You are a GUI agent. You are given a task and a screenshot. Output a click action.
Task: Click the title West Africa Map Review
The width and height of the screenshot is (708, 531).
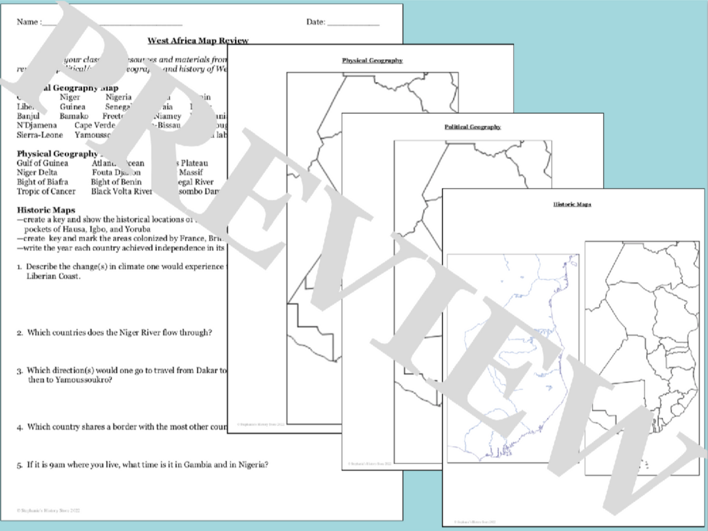pyautogui.click(x=197, y=40)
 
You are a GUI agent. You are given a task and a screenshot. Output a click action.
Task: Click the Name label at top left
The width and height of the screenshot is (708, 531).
pyautogui.click(x=28, y=22)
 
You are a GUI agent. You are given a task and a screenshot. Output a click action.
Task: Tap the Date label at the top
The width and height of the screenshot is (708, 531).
pyautogui.click(x=316, y=22)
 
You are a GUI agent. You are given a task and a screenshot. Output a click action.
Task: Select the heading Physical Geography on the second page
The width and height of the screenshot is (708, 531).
pyautogui.click(x=372, y=60)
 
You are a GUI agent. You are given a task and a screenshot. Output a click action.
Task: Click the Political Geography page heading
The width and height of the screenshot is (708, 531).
pyautogui.click(x=472, y=127)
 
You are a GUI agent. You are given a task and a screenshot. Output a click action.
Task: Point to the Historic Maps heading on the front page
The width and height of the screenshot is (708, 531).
pyautogui.click(x=572, y=204)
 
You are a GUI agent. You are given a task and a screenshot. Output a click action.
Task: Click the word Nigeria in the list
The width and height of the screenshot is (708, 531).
pyautogui.click(x=118, y=97)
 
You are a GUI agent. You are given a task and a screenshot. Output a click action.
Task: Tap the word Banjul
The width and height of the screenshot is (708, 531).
pyautogui.click(x=28, y=116)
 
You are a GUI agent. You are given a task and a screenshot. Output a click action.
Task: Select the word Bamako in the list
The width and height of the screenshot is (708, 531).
pyautogui.click(x=74, y=116)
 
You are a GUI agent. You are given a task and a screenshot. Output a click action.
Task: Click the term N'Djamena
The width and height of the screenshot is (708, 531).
pyautogui.click(x=37, y=126)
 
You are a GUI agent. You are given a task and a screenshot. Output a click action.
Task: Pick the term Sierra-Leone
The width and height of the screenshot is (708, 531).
pyautogui.click(x=40, y=135)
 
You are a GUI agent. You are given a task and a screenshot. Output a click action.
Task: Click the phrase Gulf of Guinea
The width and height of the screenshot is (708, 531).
pyautogui.click(x=43, y=163)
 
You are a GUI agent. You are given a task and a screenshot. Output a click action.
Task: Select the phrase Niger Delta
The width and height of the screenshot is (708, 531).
pyautogui.click(x=37, y=173)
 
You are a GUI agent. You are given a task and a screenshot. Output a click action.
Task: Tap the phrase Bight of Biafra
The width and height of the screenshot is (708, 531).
pyautogui.click(x=43, y=182)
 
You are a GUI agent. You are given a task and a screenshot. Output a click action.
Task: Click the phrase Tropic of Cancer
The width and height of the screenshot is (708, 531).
pyautogui.click(x=46, y=191)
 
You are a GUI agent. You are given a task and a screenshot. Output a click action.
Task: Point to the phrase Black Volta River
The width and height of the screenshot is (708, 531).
pyautogui.click(x=121, y=191)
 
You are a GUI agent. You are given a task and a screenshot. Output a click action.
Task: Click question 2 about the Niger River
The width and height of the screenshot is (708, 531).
pyautogui.click(x=119, y=332)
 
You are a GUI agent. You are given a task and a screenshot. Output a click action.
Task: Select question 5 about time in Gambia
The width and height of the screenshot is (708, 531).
pyautogui.click(x=147, y=465)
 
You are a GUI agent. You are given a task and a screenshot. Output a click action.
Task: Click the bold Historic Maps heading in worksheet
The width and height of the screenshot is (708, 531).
pyautogui.click(x=46, y=210)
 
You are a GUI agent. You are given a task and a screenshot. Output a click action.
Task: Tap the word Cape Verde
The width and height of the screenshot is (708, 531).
pyautogui.click(x=95, y=126)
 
